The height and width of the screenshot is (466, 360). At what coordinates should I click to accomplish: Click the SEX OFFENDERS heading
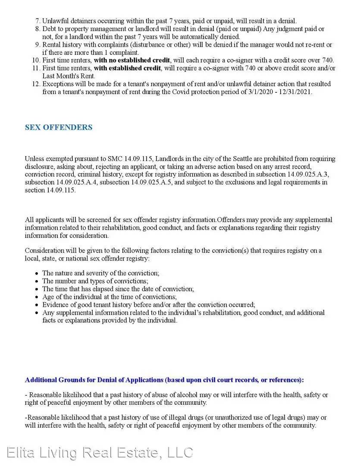pos(59,127)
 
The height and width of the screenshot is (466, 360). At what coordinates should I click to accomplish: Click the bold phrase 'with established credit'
pos(127,68)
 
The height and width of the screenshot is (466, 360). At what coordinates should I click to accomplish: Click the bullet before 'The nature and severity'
pos(36,273)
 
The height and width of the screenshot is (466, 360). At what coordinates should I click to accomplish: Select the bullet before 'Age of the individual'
pos(36,297)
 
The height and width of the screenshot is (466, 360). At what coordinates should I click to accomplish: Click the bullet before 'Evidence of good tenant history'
pos(36,305)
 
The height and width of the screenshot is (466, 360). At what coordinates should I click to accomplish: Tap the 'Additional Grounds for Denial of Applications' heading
pos(94,380)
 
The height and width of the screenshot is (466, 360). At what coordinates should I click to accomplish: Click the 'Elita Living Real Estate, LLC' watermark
pos(100,453)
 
